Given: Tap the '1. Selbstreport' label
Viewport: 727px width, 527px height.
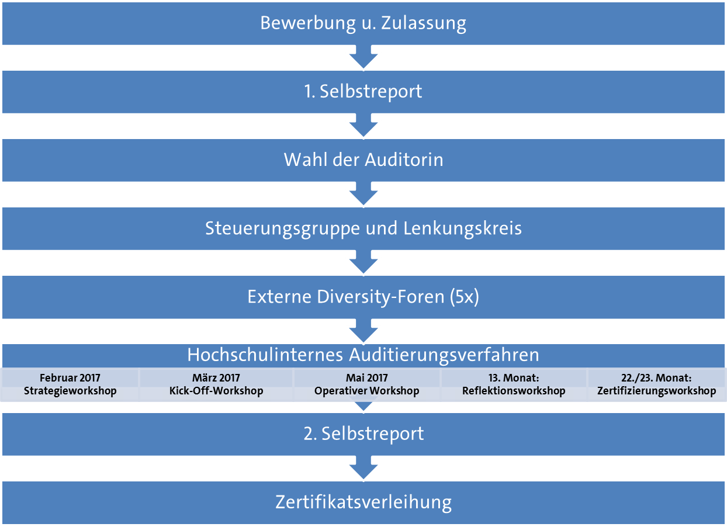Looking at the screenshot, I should point(363,92).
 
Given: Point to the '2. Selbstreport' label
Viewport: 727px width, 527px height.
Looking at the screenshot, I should point(363,434).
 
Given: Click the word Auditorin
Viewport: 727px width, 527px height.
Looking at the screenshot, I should point(404,160).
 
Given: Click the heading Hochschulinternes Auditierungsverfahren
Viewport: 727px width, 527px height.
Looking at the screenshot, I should point(363,355).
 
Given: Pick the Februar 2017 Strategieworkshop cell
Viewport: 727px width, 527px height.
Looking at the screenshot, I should point(70,384).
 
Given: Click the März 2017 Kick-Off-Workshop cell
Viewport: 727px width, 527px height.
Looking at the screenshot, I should point(216,384).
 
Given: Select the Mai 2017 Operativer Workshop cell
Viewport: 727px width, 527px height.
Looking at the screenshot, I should point(367,384).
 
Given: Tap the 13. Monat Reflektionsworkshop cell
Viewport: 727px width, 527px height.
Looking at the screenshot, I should point(514,384).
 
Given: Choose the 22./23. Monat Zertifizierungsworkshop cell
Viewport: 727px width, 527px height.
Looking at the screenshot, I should point(657,384).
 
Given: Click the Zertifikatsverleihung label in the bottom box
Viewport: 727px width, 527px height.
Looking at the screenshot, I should point(363,502).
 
